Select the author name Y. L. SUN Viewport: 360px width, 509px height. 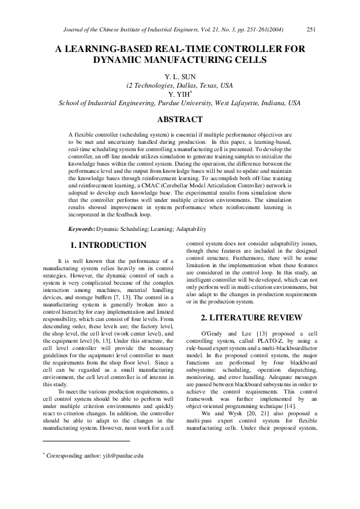tap(180, 77)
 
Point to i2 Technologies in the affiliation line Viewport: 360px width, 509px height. tap(151, 86)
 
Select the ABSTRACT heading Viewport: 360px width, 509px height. tap(180, 120)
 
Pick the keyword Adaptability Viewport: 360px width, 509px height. tap(189, 229)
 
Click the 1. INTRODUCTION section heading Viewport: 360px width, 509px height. tap(108, 245)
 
